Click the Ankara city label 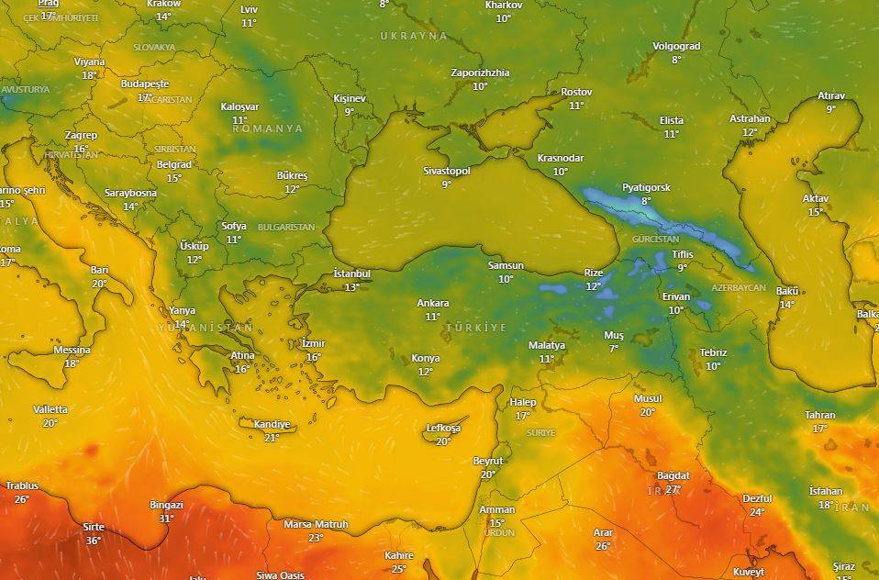click(x=432, y=303)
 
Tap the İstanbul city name click(x=351, y=273)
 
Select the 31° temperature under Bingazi click(x=166, y=519)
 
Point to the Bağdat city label click(x=673, y=475)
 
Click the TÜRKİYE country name click(x=476, y=328)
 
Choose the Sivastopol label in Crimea click(x=446, y=171)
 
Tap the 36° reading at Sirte click(x=94, y=541)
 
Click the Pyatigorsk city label click(x=646, y=187)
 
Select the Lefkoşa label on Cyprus click(x=443, y=429)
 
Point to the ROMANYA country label click(x=268, y=129)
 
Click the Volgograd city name click(x=676, y=46)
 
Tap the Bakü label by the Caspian click(x=787, y=291)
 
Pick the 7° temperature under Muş click(x=613, y=349)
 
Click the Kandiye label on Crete click(x=271, y=425)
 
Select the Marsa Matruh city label click(x=316, y=524)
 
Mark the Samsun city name click(x=506, y=266)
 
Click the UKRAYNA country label click(x=414, y=36)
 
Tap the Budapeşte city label click(x=145, y=84)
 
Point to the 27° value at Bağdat click(x=673, y=489)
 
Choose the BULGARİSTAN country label click(x=286, y=227)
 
